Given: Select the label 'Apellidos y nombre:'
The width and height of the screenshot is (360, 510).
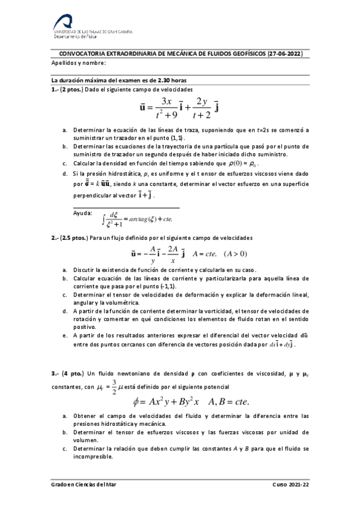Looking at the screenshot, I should click(79, 63).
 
